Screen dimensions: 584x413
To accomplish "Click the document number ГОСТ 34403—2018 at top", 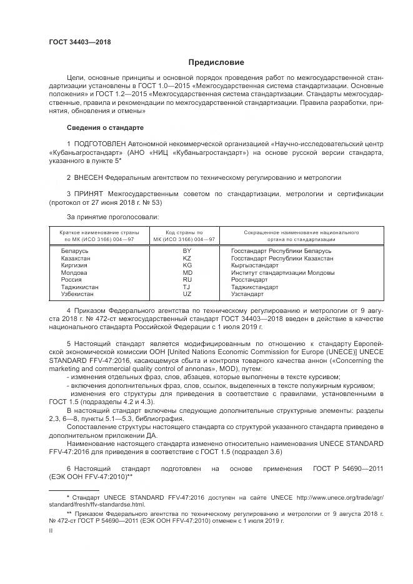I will tap(80, 42).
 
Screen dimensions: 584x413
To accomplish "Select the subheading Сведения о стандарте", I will tap(105, 127).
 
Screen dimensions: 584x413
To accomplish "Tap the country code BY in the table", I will tap(186, 250).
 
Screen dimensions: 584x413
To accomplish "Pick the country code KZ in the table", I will tap(186, 258).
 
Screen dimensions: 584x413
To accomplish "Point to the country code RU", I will tap(186, 280).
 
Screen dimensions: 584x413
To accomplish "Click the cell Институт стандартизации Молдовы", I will tap(282, 273).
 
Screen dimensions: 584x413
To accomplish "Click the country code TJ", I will tap(186, 287).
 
